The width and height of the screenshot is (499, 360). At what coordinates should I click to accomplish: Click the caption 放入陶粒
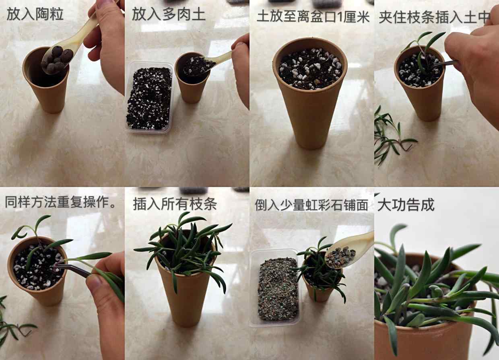(35, 14)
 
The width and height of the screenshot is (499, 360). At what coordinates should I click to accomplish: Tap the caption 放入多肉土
(168, 14)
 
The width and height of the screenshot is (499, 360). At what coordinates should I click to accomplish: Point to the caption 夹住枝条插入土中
(434, 17)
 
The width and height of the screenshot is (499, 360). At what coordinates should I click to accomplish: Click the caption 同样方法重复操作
(60, 202)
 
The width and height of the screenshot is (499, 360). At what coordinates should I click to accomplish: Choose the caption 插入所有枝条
(175, 204)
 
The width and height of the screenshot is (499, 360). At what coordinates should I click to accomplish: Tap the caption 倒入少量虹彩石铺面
(311, 205)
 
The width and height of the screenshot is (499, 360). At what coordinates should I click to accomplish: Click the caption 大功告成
(406, 204)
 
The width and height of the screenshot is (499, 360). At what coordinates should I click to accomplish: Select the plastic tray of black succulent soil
(149, 98)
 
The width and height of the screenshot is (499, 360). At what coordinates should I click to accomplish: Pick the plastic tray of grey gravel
(276, 288)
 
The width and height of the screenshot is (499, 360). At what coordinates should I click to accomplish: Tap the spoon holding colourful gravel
(348, 251)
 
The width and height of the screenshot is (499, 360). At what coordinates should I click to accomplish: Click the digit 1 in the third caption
(340, 17)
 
